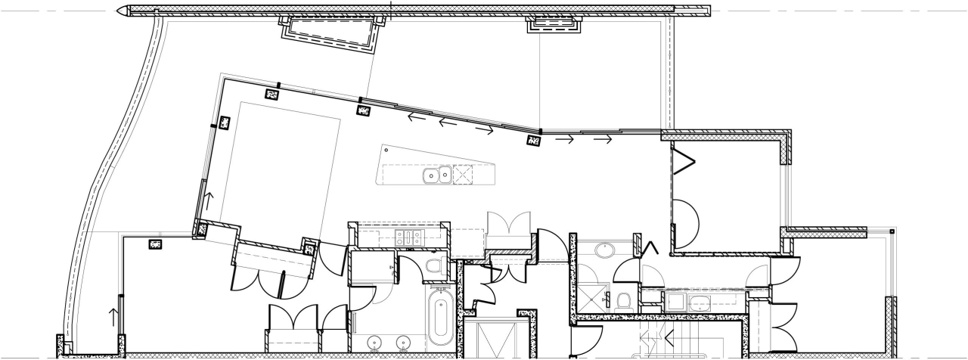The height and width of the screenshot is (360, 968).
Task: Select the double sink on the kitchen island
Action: (x=436, y=175)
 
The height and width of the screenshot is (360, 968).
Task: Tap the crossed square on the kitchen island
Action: (x=462, y=175)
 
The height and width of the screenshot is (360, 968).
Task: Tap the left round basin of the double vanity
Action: (x=374, y=343)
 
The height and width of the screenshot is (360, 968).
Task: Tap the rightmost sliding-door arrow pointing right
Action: (x=603, y=139)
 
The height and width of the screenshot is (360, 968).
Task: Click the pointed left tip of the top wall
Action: (x=121, y=11)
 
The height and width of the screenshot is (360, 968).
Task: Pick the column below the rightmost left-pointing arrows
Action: (x=534, y=141)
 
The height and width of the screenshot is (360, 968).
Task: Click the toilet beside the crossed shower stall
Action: (x=624, y=301)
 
